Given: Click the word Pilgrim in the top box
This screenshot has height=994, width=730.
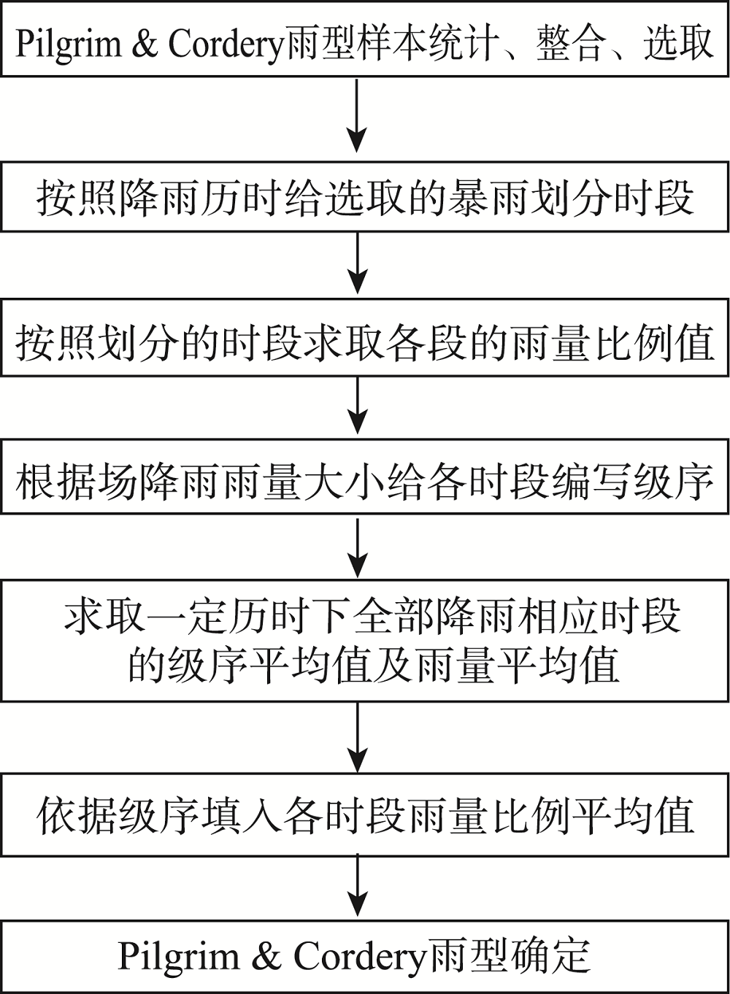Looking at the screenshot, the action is point(69,45).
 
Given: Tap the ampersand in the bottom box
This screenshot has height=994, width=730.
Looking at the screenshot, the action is point(266,956).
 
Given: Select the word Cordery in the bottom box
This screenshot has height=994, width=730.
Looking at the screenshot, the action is point(359,958).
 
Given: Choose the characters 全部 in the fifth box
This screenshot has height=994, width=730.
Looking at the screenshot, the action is point(393,617).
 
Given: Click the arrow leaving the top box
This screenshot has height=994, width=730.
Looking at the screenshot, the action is point(357,115).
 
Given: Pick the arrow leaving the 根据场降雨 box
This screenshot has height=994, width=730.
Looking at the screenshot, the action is point(357,547).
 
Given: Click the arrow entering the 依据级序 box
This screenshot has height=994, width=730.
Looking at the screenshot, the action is point(357,738).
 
